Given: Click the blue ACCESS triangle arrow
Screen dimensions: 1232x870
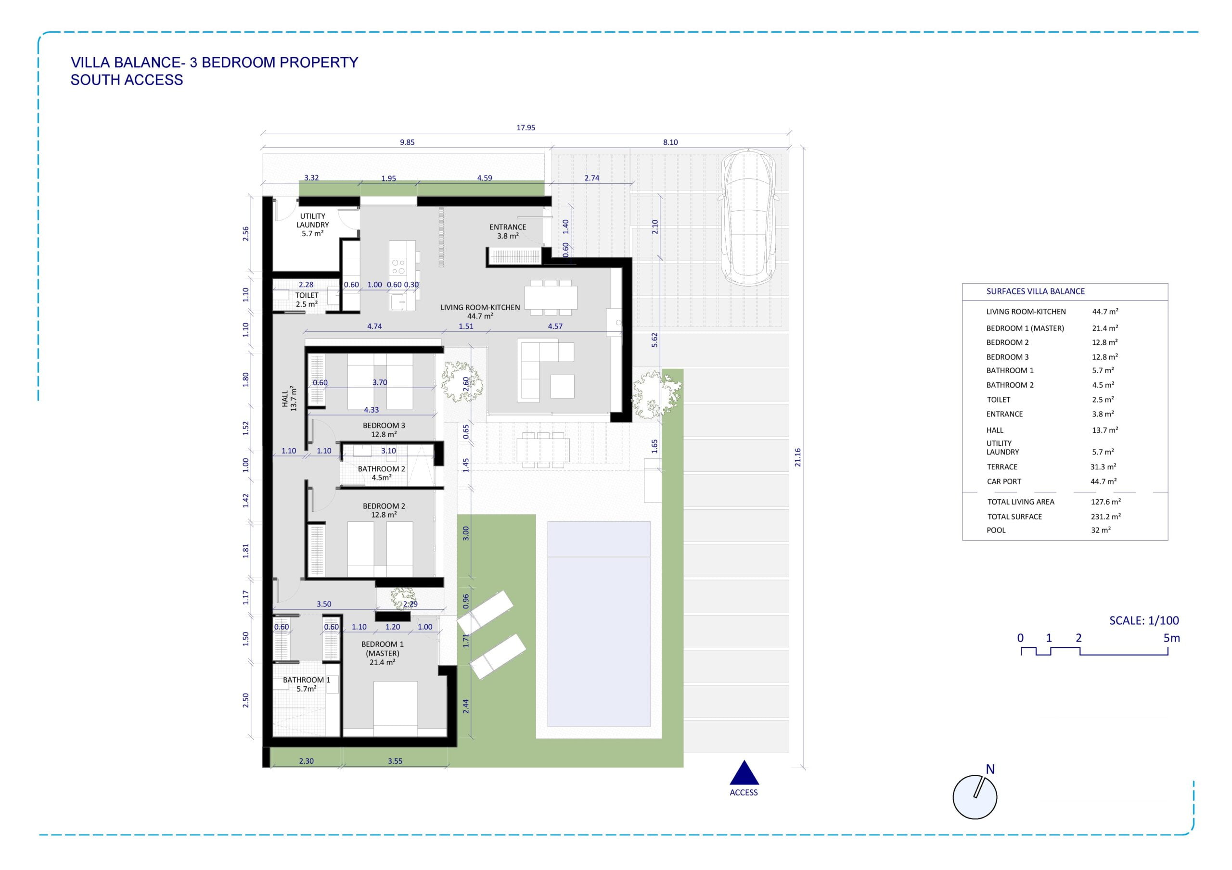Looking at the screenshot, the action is (x=744, y=773).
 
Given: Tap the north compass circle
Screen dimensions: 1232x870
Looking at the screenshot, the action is (x=975, y=797).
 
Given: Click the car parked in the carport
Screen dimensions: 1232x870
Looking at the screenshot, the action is (x=748, y=218).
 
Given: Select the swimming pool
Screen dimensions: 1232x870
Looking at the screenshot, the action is (x=599, y=624).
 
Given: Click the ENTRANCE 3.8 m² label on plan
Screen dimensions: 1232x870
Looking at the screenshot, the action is (x=508, y=231).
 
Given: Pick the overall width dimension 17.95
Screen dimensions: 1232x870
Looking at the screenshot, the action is (x=526, y=127).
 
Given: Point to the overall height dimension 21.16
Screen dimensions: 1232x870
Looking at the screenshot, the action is (x=797, y=457).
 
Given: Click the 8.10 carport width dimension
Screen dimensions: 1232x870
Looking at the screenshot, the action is (x=670, y=142).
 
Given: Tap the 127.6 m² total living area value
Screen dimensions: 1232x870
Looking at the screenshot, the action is (x=1105, y=502).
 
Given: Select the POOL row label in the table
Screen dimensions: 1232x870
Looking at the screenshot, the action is (x=996, y=530).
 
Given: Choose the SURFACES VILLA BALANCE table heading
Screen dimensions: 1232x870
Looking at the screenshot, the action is (x=1035, y=291).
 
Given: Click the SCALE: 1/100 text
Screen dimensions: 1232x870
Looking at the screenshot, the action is (x=1144, y=620).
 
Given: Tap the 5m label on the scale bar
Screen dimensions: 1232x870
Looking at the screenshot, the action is (x=1171, y=638).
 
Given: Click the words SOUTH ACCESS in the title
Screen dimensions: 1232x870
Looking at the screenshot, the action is (x=127, y=80).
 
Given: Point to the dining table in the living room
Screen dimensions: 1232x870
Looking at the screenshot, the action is (x=551, y=297).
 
